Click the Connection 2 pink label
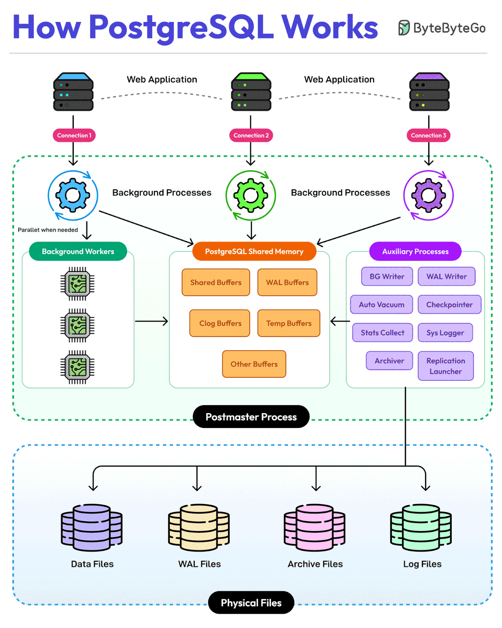pos(251,135)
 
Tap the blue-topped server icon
pos(73,92)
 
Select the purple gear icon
pos(428,195)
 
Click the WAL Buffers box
pos(287,282)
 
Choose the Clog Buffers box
pos(220,323)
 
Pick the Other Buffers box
pos(254,364)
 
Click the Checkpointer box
pos(449,304)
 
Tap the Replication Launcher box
pos(446,366)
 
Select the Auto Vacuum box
pos(381,304)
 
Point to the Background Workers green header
pos(78,251)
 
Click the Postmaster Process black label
pos(251,417)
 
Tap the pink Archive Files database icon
pos(315,528)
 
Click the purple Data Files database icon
pos(92,528)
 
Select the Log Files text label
pos(422,564)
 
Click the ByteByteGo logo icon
pos(404,28)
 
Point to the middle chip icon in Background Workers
pos(77,325)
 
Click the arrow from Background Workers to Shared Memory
pos(151,321)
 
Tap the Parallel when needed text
pos(48,230)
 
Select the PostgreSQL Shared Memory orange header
pos(254,251)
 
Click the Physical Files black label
pos(251,603)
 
